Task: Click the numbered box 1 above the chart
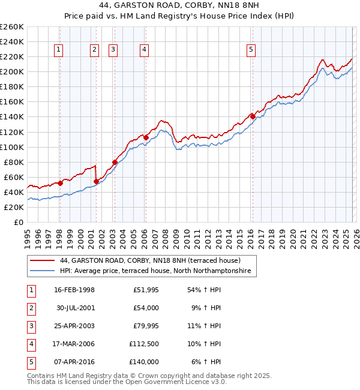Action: pyautogui.click(x=59, y=50)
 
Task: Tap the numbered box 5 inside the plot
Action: pyautogui.click(x=251, y=50)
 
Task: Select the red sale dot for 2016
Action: pyautogui.click(x=252, y=116)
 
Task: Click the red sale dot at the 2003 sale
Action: pyautogui.click(x=115, y=162)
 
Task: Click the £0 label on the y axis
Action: pyautogui.click(x=18, y=222)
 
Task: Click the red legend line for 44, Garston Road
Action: pyautogui.click(x=42, y=261)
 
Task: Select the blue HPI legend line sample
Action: pyautogui.click(x=42, y=271)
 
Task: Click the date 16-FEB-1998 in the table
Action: pyautogui.click(x=74, y=290)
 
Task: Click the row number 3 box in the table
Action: pyautogui.click(x=29, y=326)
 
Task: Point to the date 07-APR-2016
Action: pyautogui.click(x=74, y=362)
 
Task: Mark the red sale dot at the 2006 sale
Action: pyautogui.click(x=146, y=137)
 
